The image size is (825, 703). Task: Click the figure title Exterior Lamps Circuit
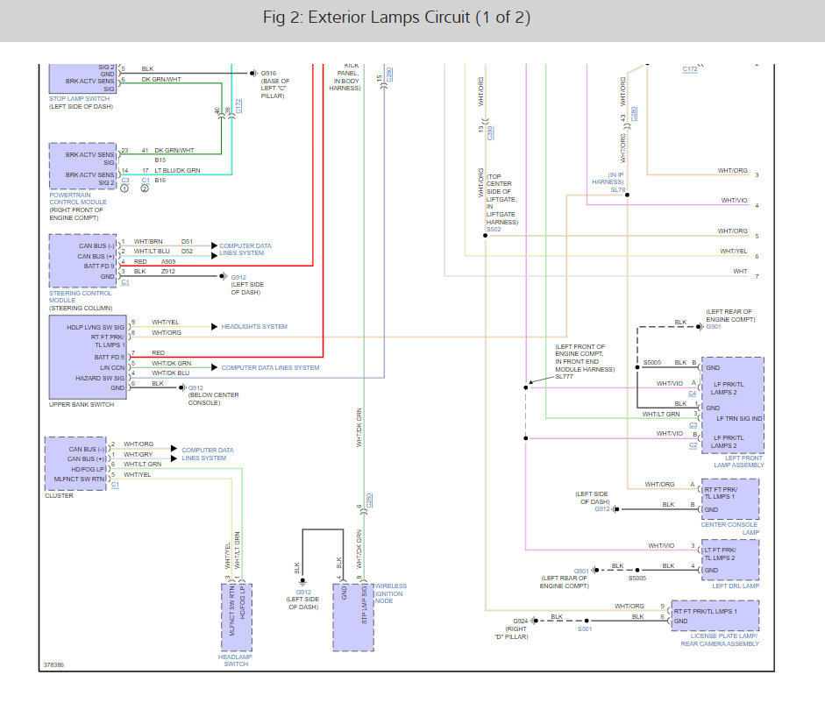click(396, 18)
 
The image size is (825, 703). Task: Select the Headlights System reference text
click(254, 326)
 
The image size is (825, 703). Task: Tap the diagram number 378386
click(53, 664)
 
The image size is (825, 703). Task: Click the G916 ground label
click(268, 75)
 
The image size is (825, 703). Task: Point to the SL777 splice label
click(565, 376)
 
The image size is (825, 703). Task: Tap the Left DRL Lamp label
click(736, 586)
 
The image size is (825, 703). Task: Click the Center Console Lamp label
click(731, 527)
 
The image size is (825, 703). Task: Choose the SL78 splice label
click(617, 189)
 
